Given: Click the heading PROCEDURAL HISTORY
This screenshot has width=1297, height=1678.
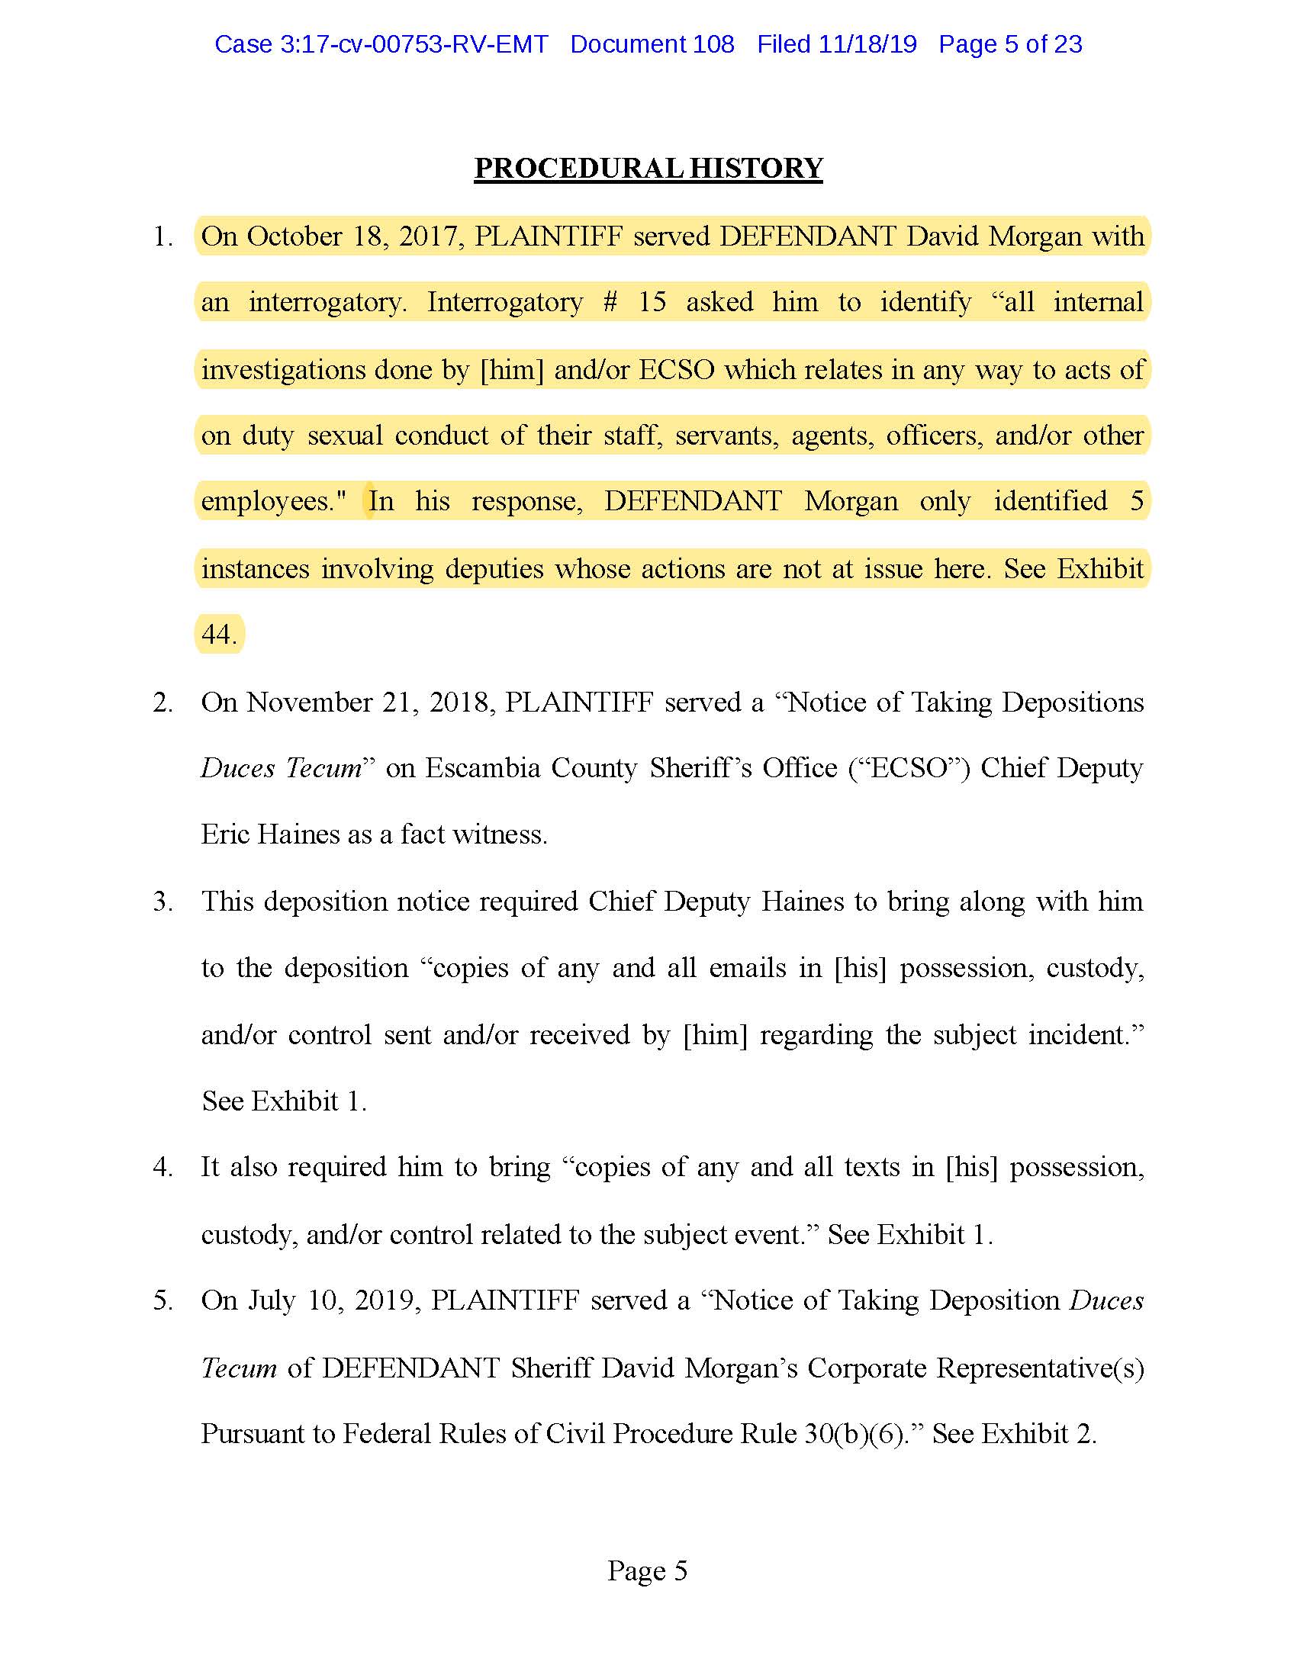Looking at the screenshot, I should pyautogui.click(x=648, y=169).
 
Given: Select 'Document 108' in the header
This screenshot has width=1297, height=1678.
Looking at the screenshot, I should pyautogui.click(x=652, y=44).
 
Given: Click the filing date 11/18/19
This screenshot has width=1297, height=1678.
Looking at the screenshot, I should pyautogui.click(x=867, y=44).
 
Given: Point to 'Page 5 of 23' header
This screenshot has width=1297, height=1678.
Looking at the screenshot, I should pyautogui.click(x=1009, y=44).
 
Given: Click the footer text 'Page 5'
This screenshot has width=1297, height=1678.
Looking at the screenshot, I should pyautogui.click(x=647, y=1570).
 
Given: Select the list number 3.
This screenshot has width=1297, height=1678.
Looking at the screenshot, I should pyautogui.click(x=162, y=902).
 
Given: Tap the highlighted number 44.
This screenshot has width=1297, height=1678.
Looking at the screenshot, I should pyautogui.click(x=218, y=635).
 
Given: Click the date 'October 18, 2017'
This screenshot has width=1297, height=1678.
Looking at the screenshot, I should pyautogui.click(x=354, y=236).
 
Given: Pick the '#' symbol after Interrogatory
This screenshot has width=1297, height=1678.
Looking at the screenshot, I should pyautogui.click(x=610, y=302).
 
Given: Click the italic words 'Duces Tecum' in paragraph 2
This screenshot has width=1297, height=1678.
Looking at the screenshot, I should pyautogui.click(x=282, y=767).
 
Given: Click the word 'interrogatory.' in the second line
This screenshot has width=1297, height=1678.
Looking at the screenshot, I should pyautogui.click(x=327, y=302).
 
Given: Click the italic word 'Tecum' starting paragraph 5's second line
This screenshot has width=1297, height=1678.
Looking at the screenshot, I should pyautogui.click(x=239, y=1368).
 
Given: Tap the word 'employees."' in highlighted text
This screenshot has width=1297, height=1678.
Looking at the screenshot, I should pyautogui.click(x=274, y=501).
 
